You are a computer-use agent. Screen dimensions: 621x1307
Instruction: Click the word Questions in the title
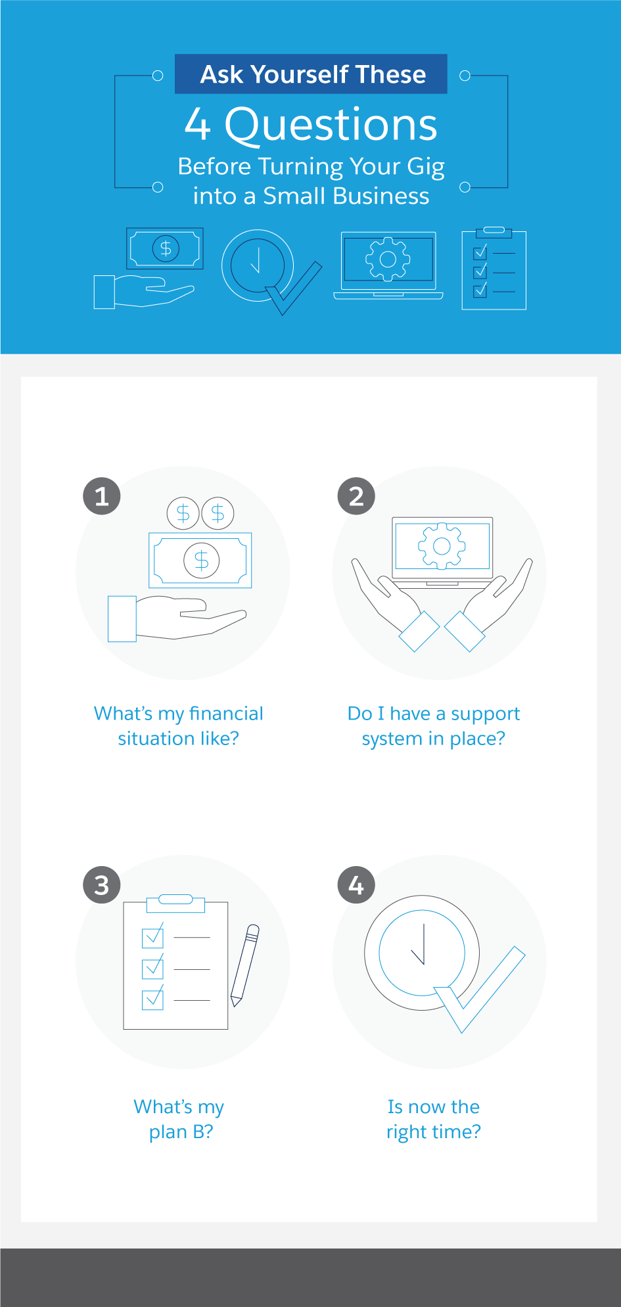click(x=331, y=125)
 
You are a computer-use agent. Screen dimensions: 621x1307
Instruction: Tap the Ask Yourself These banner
click(x=311, y=74)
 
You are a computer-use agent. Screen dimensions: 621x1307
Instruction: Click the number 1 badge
click(x=102, y=495)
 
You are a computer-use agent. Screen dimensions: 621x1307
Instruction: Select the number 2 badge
click(x=356, y=495)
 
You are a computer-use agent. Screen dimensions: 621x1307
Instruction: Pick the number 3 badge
click(x=102, y=884)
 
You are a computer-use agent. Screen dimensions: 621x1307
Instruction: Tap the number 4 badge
click(x=356, y=884)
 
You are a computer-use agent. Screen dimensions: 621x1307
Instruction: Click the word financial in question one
click(x=226, y=714)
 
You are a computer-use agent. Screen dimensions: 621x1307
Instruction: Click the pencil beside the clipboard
click(x=244, y=965)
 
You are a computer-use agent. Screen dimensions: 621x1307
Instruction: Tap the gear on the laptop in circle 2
click(x=442, y=545)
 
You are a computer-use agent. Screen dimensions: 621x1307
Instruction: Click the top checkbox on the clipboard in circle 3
click(x=152, y=936)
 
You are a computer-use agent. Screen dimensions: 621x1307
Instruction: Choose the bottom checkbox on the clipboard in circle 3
click(x=152, y=999)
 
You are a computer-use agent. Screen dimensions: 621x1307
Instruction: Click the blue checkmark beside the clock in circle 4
click(x=480, y=989)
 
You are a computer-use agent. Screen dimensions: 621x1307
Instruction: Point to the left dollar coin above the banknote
click(x=183, y=513)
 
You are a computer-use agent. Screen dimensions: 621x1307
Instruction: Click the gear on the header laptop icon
click(x=388, y=259)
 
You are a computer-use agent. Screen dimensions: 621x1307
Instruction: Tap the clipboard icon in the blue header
click(x=494, y=269)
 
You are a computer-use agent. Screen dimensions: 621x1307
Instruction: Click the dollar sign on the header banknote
click(x=166, y=248)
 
